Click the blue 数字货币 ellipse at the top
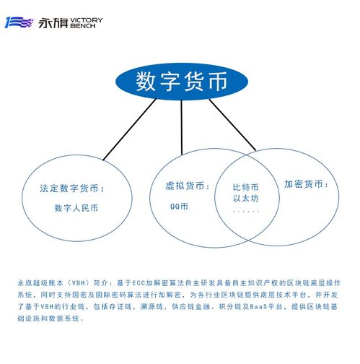point(182,82)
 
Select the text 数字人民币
point(76,208)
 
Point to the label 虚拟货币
point(185,186)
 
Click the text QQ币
point(179,207)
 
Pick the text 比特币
point(245,187)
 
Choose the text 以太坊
point(245,199)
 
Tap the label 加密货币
point(304,184)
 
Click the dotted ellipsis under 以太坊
point(246,212)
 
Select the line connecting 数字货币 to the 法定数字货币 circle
point(130,129)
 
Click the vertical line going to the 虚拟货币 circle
point(182,127)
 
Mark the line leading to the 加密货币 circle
point(232,125)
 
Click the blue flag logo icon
point(19,22)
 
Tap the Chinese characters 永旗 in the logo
point(53,23)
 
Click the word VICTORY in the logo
point(87,20)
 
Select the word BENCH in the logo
point(82,26)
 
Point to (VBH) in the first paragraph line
point(79,283)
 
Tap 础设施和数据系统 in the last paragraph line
point(48,318)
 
